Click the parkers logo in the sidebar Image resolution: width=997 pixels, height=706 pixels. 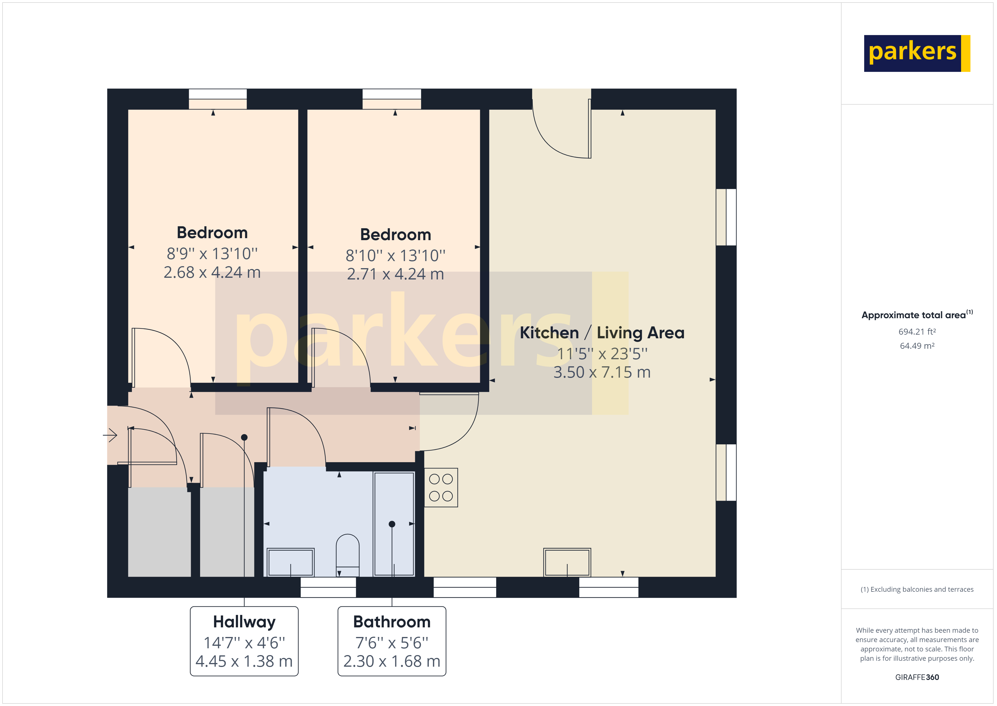pyautogui.click(x=917, y=53)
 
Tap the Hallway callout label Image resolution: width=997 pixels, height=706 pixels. pyautogui.click(x=244, y=622)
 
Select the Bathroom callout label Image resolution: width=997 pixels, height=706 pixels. pyautogui.click(x=392, y=622)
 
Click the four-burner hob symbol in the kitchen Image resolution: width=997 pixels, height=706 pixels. pyautogui.click(x=441, y=487)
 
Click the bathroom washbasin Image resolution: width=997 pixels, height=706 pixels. pyautogui.click(x=291, y=562)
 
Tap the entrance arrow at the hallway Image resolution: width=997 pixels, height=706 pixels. pyautogui.click(x=110, y=435)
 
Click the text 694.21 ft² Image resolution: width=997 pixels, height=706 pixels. pyautogui.click(x=917, y=332)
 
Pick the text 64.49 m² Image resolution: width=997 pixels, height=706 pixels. pyautogui.click(x=917, y=346)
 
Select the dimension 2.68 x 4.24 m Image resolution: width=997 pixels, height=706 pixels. pyautogui.click(x=212, y=273)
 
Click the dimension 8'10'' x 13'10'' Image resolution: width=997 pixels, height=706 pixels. pyautogui.click(x=395, y=256)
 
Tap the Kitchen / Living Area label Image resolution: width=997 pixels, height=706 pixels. pyautogui.click(x=602, y=333)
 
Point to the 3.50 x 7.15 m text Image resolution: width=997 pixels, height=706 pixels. pyautogui.click(x=602, y=373)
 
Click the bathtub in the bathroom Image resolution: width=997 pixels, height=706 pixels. pyautogui.click(x=394, y=524)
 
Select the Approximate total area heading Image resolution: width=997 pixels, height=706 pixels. pyautogui.click(x=917, y=315)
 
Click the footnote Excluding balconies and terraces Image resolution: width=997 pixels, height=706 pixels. pyautogui.click(x=917, y=589)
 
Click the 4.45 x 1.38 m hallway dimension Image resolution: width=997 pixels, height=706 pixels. pyautogui.click(x=244, y=661)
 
